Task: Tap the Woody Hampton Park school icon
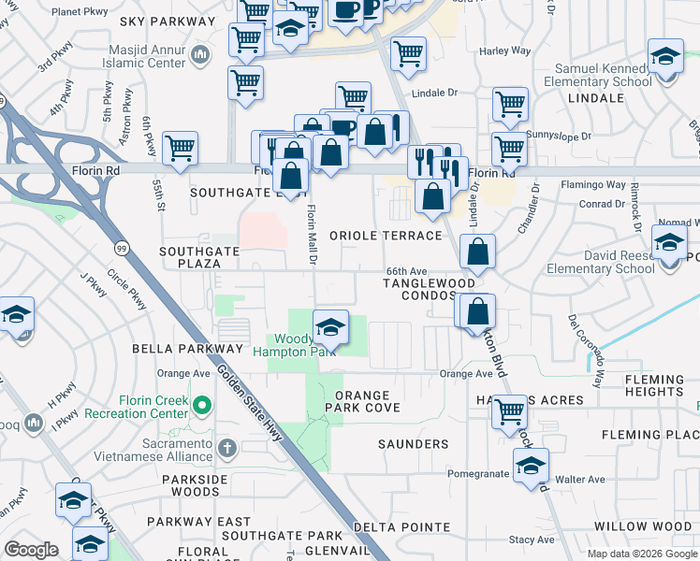(x=330, y=327)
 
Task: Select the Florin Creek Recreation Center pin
(x=201, y=403)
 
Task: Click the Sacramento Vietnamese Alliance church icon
(x=226, y=447)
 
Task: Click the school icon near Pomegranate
(x=532, y=466)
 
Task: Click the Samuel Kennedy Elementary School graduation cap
(x=665, y=59)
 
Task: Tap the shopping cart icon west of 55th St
(x=180, y=147)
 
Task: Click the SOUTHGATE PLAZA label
(x=203, y=257)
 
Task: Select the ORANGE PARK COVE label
(x=362, y=401)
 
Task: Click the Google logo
(x=32, y=550)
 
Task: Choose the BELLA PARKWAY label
(x=188, y=348)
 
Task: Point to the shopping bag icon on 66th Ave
(x=477, y=251)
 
